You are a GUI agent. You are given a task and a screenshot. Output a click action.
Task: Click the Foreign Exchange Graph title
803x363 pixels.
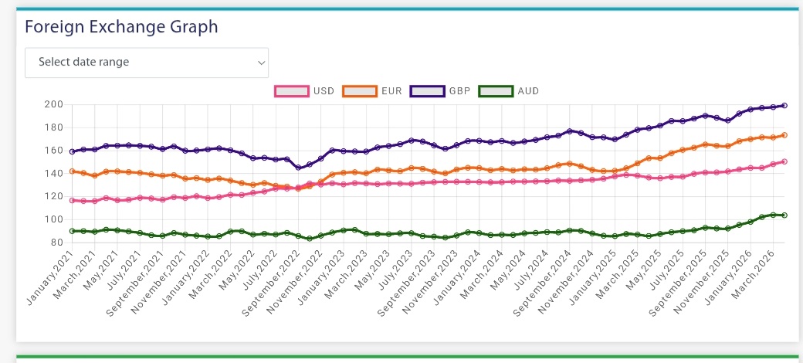tap(121, 27)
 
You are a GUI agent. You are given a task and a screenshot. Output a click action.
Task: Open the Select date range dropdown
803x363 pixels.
tap(147, 63)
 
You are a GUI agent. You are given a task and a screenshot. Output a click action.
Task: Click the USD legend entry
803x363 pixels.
tap(304, 91)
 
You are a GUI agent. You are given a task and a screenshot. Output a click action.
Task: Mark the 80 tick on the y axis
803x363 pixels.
tap(55, 243)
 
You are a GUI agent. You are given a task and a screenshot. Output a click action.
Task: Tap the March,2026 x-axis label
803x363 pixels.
tap(766, 274)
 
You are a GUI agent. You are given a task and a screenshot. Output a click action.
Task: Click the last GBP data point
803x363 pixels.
tap(784, 105)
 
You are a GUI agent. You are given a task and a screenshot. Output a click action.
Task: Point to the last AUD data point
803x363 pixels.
tap(784, 215)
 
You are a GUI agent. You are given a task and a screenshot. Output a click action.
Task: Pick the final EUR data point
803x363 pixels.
tap(784, 135)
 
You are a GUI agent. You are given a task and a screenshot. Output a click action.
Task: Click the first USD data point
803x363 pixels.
tap(72, 200)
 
